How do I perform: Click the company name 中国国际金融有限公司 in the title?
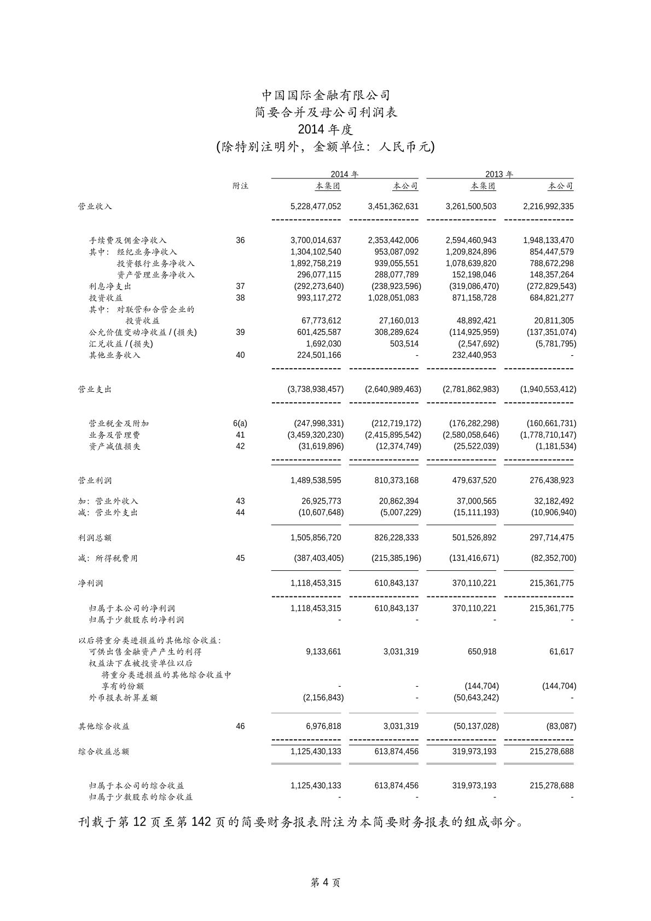coord(326,95)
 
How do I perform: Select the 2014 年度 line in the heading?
coord(326,130)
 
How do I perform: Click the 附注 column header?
coord(240,186)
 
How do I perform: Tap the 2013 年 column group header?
coord(499,175)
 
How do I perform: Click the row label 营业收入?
coord(95,206)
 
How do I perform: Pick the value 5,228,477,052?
coord(316,206)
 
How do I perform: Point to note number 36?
coord(240,240)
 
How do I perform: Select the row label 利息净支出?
coord(110,286)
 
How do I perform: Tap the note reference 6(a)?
coord(240,424)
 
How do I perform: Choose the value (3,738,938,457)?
coord(316,390)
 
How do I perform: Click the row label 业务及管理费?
coord(114,435)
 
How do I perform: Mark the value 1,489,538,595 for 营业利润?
coord(316,480)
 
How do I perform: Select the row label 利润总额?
coord(95,538)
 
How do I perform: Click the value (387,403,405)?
coord(316,558)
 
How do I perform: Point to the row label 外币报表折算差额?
coord(123,698)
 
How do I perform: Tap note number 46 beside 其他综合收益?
coord(240,726)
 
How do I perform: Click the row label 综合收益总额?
coord(103,751)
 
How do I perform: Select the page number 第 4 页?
coord(326,882)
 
